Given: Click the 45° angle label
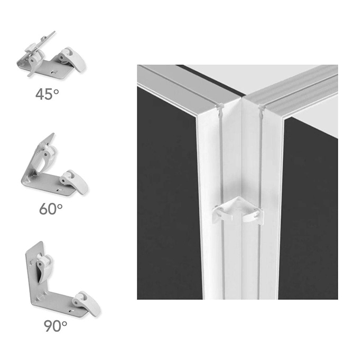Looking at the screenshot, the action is tap(47, 94).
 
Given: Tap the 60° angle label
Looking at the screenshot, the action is tap(51, 209).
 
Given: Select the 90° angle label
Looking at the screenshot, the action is tap(55, 325).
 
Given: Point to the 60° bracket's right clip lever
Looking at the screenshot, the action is tap(74, 182).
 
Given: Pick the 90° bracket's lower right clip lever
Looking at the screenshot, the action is tap(86, 303).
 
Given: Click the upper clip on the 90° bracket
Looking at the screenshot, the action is tap(44, 268).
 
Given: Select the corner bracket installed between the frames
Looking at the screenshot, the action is tap(238, 210).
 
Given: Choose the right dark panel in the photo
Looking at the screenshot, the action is tap(309, 208).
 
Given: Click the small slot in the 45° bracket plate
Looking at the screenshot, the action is tap(54, 72).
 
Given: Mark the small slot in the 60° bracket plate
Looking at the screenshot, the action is tap(60, 190).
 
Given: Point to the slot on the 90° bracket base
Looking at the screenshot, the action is tap(71, 310).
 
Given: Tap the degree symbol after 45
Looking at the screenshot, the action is tap(56, 92).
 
